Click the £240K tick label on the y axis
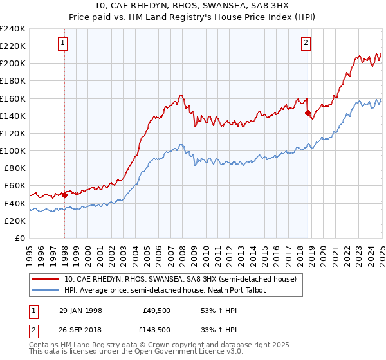click(x=13, y=29)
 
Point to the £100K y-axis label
click(x=13, y=150)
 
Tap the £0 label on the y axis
click(x=20, y=238)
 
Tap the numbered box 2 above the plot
click(x=306, y=43)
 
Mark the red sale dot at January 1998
click(x=65, y=195)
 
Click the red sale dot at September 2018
click(x=308, y=113)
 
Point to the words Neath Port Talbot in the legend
click(x=238, y=290)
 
